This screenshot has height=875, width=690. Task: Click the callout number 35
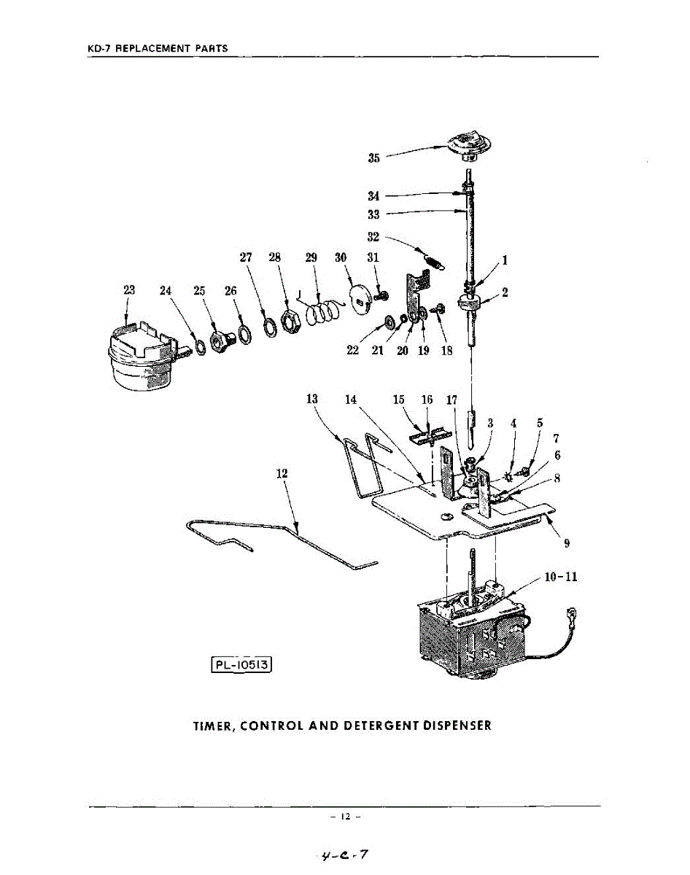point(374,157)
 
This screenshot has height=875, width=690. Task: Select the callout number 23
point(130,290)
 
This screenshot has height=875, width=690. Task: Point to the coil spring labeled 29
point(322,311)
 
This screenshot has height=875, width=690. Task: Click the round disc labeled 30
point(361,297)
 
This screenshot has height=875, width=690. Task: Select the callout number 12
point(282,473)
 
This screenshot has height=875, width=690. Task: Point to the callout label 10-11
point(560,577)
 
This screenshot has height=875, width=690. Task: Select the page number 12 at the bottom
point(345,817)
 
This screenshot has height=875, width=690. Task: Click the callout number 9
point(566,542)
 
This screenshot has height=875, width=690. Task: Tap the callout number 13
point(312,400)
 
